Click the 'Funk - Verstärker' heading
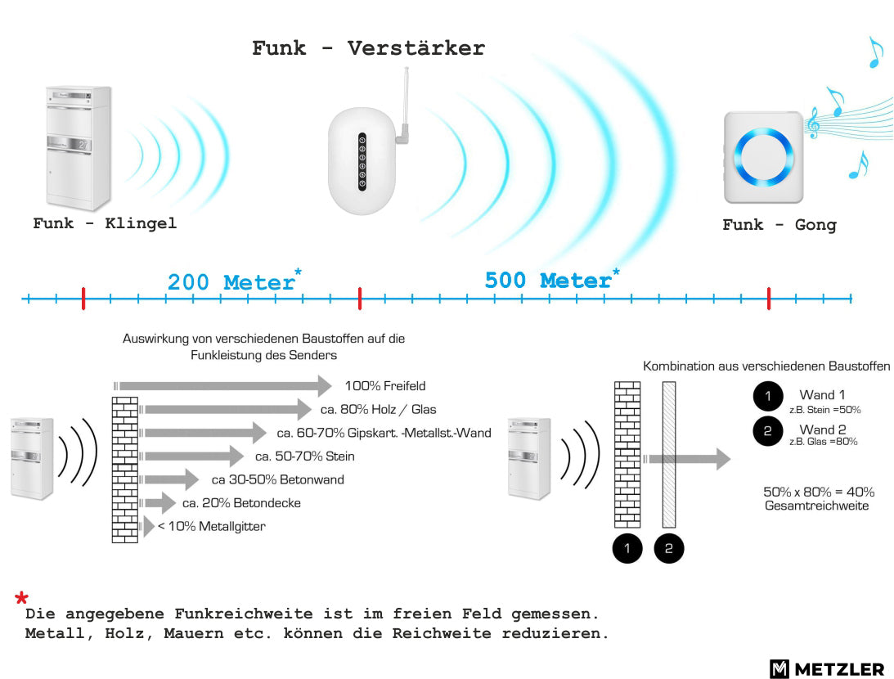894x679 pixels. point(368,48)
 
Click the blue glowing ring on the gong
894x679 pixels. point(763,157)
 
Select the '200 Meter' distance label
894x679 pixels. point(231,282)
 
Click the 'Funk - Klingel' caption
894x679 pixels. point(105,223)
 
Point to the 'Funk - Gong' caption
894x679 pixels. point(779,225)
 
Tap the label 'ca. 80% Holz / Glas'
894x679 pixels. point(378,409)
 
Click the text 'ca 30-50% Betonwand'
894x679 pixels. point(277,479)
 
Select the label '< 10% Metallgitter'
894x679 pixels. point(212,526)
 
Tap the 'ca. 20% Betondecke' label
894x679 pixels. point(241,503)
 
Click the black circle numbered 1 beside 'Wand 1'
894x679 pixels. point(768,396)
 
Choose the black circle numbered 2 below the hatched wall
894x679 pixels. point(669,548)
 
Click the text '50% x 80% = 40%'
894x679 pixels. point(819,492)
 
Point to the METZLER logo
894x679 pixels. point(827,668)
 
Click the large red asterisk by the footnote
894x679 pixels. point(21,598)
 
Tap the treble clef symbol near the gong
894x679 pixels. point(813,123)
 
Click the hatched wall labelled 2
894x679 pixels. point(669,455)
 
